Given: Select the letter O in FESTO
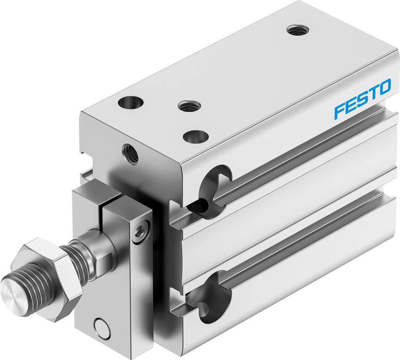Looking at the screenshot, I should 384,88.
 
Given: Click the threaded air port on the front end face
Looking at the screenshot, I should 131,153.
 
